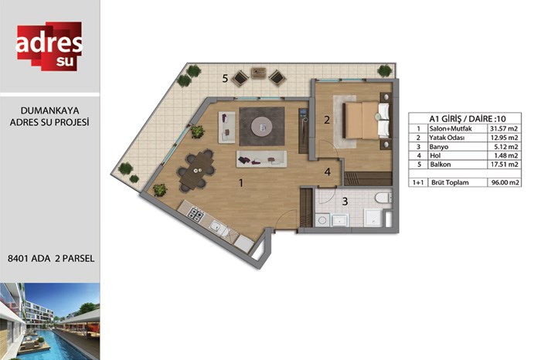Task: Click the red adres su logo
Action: pyautogui.click(x=49, y=46)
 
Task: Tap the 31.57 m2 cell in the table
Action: pyautogui.click(x=504, y=128)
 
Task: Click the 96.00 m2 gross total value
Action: pyautogui.click(x=505, y=182)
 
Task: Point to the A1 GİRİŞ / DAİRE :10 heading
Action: pyautogui.click(x=467, y=119)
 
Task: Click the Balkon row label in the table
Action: pyautogui.click(x=441, y=165)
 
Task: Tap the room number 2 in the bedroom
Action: pyautogui.click(x=327, y=120)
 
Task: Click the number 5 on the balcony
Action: pyautogui.click(x=225, y=79)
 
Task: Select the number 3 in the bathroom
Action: pyautogui.click(x=345, y=202)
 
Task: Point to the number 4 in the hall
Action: pyautogui.click(x=328, y=172)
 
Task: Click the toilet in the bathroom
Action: pyautogui.click(x=383, y=198)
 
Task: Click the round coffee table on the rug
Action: pyautogui.click(x=261, y=126)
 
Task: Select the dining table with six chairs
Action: pyautogui.click(x=196, y=170)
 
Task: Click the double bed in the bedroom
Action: pyautogui.click(x=367, y=121)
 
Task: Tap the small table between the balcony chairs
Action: pyautogui.click(x=258, y=73)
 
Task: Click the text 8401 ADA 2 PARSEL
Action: pyautogui.click(x=51, y=259)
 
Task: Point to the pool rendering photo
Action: pyautogui.click(x=50, y=321)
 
